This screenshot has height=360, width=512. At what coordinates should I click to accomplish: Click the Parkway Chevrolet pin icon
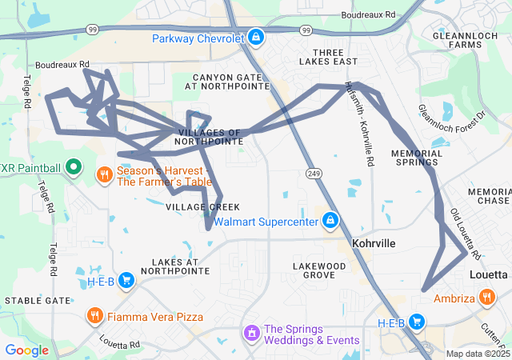click(x=255, y=37)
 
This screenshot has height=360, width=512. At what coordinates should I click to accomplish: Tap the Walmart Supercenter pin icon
click(x=330, y=220)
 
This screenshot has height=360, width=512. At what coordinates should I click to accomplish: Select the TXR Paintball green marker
click(x=74, y=168)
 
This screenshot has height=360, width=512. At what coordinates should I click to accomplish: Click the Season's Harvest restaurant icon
click(x=105, y=174)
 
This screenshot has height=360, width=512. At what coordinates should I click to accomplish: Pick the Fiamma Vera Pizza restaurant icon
click(x=95, y=316)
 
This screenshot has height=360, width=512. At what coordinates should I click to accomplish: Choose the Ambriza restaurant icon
click(x=487, y=298)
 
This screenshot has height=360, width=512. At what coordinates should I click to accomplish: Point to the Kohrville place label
click(x=374, y=242)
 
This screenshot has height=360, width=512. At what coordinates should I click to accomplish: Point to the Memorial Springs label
click(x=416, y=157)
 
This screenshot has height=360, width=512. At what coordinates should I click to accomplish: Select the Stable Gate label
click(x=38, y=300)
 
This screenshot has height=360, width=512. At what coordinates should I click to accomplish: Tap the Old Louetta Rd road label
click(x=465, y=234)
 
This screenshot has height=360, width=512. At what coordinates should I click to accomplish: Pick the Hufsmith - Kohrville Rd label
click(x=358, y=123)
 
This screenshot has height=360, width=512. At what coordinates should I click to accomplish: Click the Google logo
click(x=26, y=350)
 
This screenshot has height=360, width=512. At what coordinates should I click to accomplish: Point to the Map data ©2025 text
click(x=478, y=354)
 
